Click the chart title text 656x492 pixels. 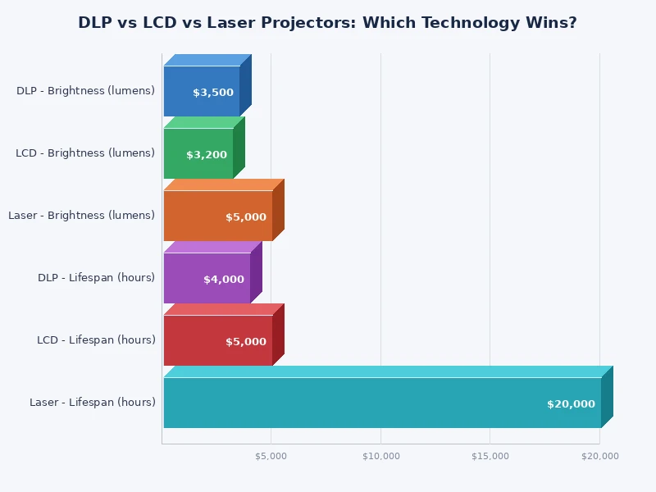pos(327,23)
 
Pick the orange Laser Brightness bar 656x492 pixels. pos(197,216)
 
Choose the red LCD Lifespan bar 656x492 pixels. pos(197,340)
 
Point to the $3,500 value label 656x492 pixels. pos(213,93)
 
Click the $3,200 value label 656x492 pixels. pos(207,155)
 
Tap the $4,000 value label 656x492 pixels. pos(224,280)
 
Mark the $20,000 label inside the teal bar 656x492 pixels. pos(571,404)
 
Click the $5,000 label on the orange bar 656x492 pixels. pos(246,217)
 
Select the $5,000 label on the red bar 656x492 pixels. pos(246,342)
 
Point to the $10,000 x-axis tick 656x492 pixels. pos(380,456)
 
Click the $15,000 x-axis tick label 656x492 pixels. pos(490,456)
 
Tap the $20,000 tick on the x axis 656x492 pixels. pos(599,456)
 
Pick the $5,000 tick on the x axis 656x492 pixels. pos(271,456)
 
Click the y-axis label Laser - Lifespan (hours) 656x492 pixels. pos(92,403)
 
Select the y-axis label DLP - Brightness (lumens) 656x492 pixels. pos(85,91)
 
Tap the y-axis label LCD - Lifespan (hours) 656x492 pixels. pos(96,340)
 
